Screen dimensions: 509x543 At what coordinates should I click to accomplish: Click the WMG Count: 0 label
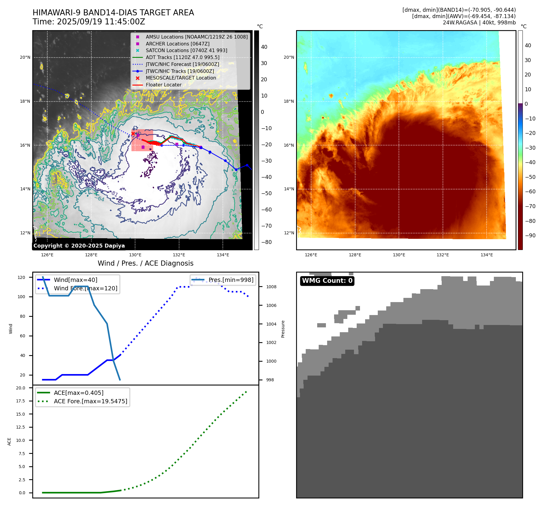click(327, 281)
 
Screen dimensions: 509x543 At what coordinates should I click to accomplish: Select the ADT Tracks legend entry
click(182, 57)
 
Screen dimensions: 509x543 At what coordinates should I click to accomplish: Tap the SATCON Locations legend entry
click(186, 50)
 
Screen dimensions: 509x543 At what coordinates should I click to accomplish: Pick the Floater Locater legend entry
click(163, 85)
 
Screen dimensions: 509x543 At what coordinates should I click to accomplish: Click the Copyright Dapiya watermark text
click(79, 246)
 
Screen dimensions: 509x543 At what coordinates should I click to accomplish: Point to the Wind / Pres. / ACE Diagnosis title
click(145, 263)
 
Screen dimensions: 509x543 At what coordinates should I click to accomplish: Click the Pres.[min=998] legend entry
click(231, 280)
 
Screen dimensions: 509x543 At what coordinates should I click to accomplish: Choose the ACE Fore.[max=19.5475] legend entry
click(90, 401)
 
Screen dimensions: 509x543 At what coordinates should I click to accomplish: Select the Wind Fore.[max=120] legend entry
click(86, 288)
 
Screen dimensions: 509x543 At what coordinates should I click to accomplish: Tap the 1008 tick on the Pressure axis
click(271, 287)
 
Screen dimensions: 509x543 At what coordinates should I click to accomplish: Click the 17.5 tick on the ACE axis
click(21, 401)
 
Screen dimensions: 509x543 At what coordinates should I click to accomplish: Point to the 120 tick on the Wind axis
click(21, 277)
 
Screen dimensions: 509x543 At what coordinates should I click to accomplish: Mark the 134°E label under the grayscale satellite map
click(223, 255)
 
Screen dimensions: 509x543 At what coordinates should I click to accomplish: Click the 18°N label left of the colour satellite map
click(289, 101)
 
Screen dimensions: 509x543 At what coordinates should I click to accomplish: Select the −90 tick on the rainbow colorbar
click(530, 236)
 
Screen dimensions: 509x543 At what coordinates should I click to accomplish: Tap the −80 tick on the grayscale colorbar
click(266, 242)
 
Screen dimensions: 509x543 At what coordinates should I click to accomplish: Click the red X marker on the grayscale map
click(133, 134)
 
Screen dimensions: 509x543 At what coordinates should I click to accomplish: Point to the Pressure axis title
click(283, 329)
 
